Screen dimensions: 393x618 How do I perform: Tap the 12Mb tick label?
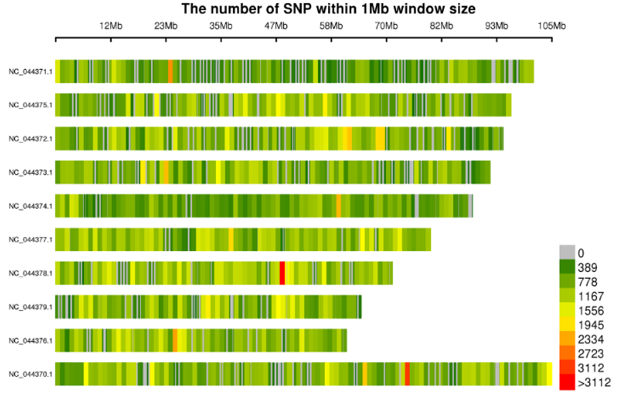click(111, 26)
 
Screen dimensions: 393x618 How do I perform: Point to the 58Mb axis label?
click(331, 26)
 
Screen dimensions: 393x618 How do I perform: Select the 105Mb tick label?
click(552, 26)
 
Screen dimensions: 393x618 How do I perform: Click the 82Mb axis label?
click(442, 26)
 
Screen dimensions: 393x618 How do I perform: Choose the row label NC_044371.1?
click(31, 72)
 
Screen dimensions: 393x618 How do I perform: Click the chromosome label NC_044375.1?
click(31, 105)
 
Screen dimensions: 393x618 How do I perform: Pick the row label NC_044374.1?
click(31, 205)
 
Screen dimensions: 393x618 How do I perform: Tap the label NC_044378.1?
click(31, 273)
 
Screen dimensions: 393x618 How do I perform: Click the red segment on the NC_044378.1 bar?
click(282, 273)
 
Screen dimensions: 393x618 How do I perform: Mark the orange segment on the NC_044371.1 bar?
click(170, 71)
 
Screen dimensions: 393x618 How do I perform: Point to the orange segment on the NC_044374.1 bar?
click(339, 205)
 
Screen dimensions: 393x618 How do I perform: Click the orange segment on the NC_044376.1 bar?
click(175, 340)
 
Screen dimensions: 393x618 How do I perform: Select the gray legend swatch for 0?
click(567, 252)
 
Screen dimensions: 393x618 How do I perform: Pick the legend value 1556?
click(590, 311)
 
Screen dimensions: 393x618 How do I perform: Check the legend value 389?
click(587, 268)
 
